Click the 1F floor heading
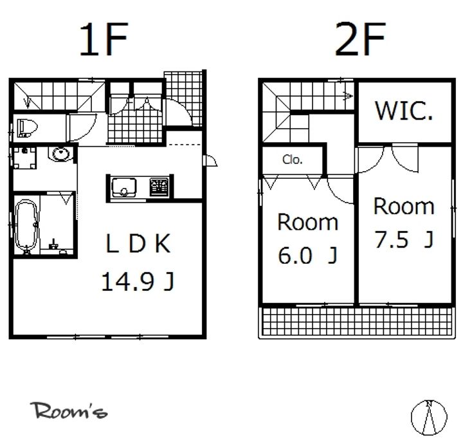pos(104,39)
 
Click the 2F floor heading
pos(360,39)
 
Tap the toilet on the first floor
pos(27,128)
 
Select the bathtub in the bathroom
pos(26,226)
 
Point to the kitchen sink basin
pos(124,187)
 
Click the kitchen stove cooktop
pos(159,187)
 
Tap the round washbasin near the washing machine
pos(61,154)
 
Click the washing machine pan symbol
pos(24,158)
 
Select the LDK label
pos(138,243)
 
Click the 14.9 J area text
pos(138,282)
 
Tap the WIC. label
pos(404,111)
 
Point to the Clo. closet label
pos(293,160)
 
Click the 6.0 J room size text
pos(307,255)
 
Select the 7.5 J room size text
pos(404,239)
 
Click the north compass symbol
pos(429,417)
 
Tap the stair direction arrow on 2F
pos(348,96)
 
